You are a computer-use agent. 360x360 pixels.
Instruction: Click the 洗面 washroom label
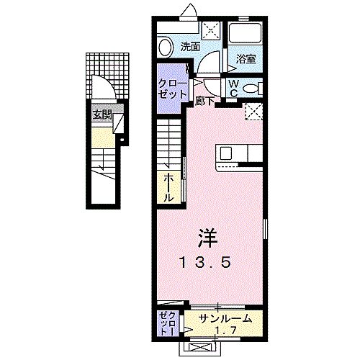(190, 47)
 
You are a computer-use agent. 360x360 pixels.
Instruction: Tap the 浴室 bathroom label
(246, 59)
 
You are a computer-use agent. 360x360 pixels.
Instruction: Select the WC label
(233, 89)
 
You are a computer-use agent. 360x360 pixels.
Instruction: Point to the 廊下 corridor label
(204, 101)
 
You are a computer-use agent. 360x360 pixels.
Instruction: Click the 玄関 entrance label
(102, 115)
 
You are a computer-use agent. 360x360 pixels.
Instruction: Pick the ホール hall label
(168, 188)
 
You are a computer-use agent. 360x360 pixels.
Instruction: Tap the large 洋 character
(208, 238)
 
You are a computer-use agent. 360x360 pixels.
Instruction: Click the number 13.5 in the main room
(205, 262)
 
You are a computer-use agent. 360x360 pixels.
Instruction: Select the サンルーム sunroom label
(225, 319)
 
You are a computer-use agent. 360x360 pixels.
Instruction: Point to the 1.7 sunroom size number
(225, 330)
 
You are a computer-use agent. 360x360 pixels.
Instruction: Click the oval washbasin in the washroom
(166, 48)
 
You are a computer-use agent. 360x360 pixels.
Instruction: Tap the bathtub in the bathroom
(245, 33)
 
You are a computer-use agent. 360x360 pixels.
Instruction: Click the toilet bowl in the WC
(251, 89)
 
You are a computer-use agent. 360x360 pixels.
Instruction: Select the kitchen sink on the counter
(226, 153)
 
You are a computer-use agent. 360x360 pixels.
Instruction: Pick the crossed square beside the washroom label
(210, 30)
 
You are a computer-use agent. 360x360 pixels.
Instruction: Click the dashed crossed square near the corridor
(253, 112)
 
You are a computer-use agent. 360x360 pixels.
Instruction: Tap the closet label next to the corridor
(172, 89)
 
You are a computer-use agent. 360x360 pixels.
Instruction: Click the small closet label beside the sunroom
(169, 323)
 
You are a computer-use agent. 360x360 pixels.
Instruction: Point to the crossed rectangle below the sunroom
(199, 348)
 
